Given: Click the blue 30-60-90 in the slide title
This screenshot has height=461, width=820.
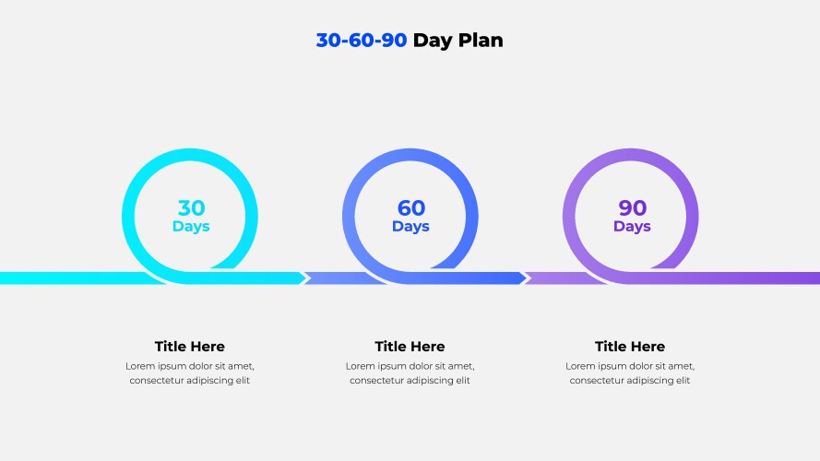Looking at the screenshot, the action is coord(362,41).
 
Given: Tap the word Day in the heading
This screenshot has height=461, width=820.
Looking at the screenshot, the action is coord(433,41).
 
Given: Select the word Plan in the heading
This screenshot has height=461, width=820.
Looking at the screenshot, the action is coord(481,41).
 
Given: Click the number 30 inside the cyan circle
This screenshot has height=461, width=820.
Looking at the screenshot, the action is coord(192,208).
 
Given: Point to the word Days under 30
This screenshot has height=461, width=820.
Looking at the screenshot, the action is coord(191,227).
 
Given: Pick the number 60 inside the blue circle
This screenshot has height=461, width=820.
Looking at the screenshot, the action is coord(411,208).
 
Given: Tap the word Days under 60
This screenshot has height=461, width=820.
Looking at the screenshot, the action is coord(410,227).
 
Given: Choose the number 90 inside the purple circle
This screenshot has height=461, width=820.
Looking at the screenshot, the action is coord(632,208).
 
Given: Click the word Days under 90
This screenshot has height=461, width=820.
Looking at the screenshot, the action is coord(632,227).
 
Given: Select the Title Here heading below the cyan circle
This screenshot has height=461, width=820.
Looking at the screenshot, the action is coord(190,347).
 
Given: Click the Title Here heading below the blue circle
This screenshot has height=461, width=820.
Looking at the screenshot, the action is coord(410,347).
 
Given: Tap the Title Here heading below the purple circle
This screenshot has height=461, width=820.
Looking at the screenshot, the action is coord(630,347).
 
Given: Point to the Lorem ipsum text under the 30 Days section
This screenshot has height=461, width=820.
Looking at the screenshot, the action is coord(190,373).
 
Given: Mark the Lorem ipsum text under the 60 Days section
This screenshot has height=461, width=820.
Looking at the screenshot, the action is coord(410,373).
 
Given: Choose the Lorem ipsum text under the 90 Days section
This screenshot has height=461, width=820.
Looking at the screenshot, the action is coord(630,373).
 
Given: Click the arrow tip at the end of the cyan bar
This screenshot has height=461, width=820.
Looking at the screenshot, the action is coord(306,278).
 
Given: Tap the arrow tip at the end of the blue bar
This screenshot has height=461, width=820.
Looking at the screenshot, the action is coord(527,278).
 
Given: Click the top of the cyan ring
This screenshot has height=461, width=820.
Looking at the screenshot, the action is coord(190,155).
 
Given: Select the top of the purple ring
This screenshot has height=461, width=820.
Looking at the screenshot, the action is coord(631,155).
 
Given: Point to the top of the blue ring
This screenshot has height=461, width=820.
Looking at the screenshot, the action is coord(410,155).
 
